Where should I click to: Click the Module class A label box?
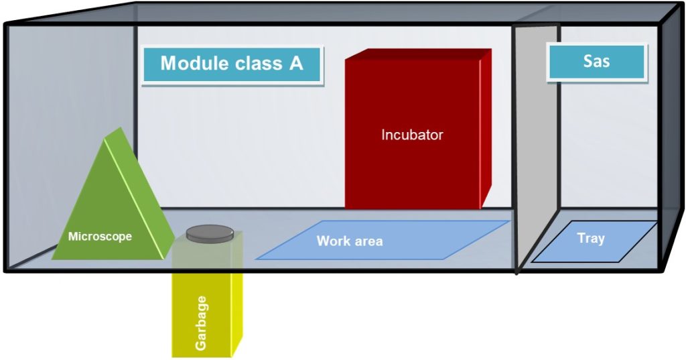point(232,65)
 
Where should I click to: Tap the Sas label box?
point(597,62)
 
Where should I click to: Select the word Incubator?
point(412,135)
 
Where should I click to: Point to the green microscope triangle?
point(113,206)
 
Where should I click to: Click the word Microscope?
point(100,237)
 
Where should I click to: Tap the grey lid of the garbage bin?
point(210,233)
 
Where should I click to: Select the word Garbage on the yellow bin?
point(201,322)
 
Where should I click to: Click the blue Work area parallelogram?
point(383,240)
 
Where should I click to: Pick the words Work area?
point(350,241)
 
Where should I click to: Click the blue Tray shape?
point(594,241)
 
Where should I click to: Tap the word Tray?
point(591,238)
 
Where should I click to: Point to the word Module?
point(194,63)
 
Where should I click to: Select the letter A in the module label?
point(295,63)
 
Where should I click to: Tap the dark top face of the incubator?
point(418,54)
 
